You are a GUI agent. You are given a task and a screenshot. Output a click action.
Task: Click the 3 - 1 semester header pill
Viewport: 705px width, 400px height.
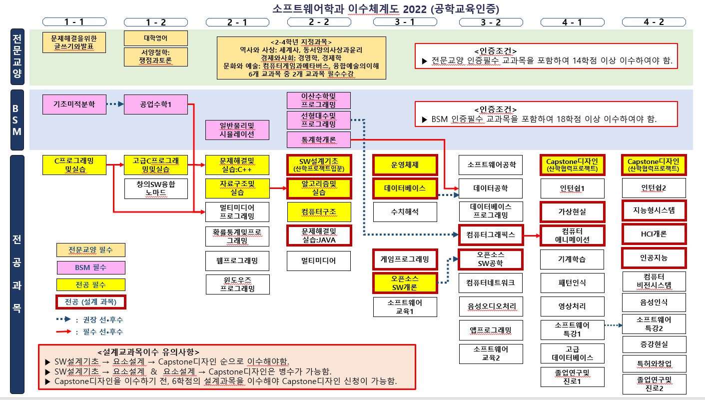(x=405, y=22)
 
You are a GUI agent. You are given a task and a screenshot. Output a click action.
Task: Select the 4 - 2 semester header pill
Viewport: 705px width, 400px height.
(x=654, y=22)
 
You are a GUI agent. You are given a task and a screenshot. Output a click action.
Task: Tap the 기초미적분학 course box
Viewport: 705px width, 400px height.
(x=74, y=104)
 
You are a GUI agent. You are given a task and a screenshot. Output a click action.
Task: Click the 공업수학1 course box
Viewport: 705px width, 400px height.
(x=156, y=104)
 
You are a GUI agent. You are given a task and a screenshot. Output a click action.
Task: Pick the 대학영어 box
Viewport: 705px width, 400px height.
(x=156, y=38)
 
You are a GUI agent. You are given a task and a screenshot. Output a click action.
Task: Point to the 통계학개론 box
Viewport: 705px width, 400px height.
(x=318, y=139)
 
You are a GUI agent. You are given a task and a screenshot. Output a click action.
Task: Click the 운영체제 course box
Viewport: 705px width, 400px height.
(x=405, y=164)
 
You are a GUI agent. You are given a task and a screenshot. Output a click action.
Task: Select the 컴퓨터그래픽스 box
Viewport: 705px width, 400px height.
(x=491, y=235)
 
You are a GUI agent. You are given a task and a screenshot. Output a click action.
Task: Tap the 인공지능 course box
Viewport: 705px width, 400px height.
(x=654, y=258)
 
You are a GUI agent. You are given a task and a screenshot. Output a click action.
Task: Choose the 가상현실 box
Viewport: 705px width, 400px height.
(x=572, y=211)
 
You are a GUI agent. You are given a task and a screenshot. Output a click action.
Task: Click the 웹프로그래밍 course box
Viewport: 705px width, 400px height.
(x=237, y=261)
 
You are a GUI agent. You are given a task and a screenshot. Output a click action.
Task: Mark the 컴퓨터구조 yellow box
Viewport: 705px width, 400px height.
(x=319, y=211)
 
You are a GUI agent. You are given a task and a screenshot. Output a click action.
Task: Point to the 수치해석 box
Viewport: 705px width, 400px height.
(x=405, y=211)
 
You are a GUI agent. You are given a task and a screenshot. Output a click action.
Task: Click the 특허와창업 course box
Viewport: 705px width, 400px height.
(x=654, y=364)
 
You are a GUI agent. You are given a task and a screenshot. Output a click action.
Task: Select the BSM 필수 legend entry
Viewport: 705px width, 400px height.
(x=91, y=267)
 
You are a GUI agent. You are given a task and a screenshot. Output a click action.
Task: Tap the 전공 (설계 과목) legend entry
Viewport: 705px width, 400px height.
(x=91, y=302)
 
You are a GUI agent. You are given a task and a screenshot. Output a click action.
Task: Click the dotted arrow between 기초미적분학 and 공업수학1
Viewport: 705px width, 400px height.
(x=115, y=104)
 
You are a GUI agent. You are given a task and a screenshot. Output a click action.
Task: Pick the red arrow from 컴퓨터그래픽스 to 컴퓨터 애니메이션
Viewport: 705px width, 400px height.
(x=532, y=235)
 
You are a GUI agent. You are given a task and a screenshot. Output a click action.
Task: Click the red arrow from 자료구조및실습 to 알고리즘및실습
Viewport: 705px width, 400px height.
(x=278, y=188)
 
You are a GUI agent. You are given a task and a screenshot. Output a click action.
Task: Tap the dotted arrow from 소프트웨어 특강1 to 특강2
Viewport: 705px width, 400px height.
(x=614, y=325)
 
